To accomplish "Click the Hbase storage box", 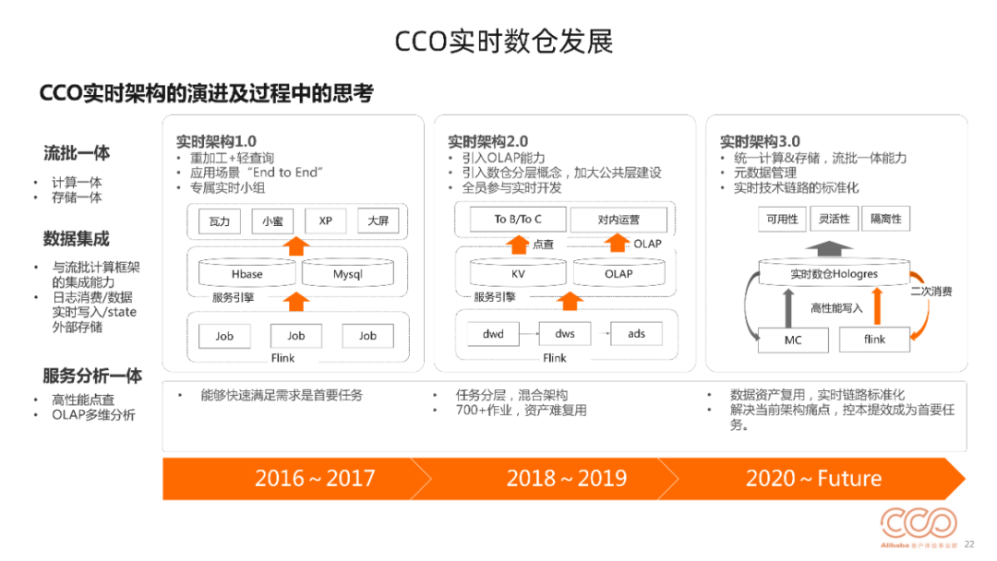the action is [x=246, y=273].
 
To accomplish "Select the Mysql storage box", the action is [x=347, y=273].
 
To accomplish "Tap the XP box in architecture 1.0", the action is [x=326, y=221].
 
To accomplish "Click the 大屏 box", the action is [x=378, y=221].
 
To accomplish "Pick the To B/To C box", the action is [x=518, y=220].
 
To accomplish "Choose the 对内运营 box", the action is [x=619, y=220].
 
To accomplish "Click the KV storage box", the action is [x=518, y=273].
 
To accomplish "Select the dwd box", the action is [x=493, y=333].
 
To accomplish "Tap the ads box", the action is [x=636, y=333].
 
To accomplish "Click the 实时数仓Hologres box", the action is [x=834, y=273].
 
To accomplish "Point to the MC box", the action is [x=793, y=340].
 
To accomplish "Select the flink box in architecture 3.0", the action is [x=874, y=340].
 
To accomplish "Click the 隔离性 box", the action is [x=885, y=219].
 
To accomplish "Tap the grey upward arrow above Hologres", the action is [x=828, y=248].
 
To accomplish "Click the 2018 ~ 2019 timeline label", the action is [x=567, y=478].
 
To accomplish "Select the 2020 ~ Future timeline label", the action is [x=813, y=478].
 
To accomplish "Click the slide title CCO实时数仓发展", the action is [x=504, y=42].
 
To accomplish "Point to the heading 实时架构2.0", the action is [x=487, y=141].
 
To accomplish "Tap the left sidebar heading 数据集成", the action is [x=77, y=239].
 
